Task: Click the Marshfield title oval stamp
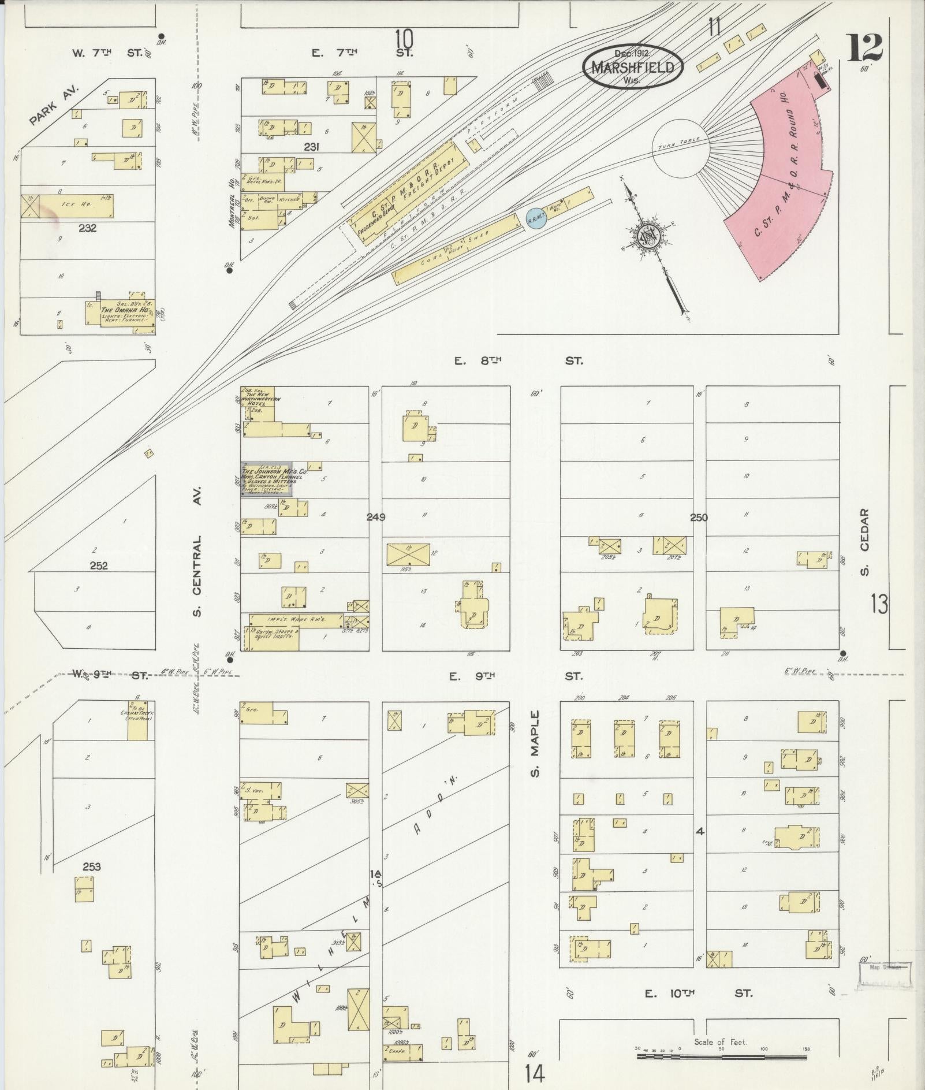pos(632,67)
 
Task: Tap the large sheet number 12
pos(864,48)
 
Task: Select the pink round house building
pos(785,185)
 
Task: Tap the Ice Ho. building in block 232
pos(69,206)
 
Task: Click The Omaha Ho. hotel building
pos(120,314)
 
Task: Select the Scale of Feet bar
pos(722,1056)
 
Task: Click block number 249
pos(376,517)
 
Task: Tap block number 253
pos(92,866)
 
